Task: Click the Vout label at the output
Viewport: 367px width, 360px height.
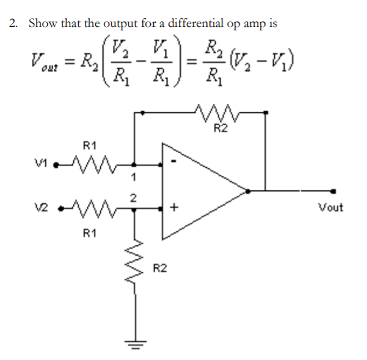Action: pos(330,207)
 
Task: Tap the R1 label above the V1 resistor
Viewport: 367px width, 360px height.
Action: pos(90,145)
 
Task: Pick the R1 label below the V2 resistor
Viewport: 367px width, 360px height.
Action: pos(90,232)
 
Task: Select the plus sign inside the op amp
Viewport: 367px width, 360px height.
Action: pos(174,208)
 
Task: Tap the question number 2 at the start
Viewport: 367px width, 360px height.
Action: pos(13,24)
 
